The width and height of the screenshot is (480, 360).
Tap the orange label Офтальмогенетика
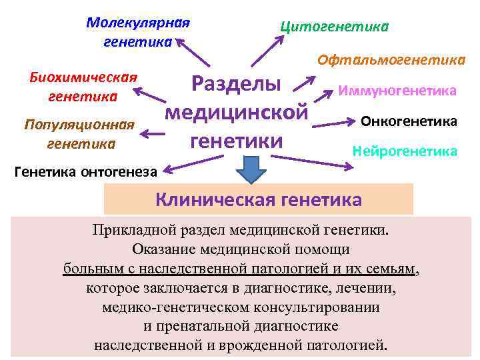click(391, 60)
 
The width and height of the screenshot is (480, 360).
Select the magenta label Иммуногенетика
click(397, 90)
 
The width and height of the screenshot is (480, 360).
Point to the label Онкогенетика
click(409, 121)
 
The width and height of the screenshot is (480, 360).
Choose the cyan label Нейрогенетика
click(405, 151)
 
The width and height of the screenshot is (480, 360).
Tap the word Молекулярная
click(138, 23)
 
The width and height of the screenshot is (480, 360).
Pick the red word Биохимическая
click(84, 76)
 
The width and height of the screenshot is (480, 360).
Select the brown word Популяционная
click(80, 124)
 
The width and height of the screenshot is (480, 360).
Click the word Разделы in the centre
click(236, 85)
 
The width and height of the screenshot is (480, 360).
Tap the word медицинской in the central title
click(237, 113)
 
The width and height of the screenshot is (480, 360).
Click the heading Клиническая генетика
click(259, 199)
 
